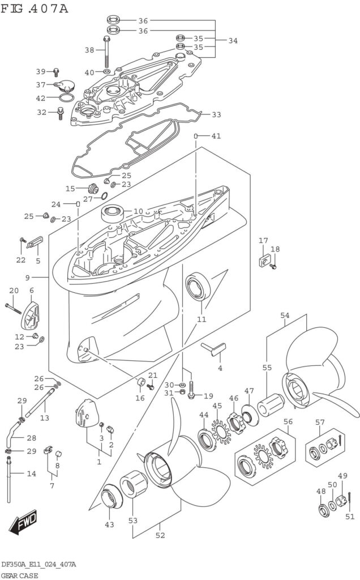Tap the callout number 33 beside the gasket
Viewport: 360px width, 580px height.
216,115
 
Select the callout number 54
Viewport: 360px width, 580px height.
285,315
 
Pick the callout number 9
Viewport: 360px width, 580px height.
28,278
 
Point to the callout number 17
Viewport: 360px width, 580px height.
263,241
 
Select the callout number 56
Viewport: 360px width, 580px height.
288,421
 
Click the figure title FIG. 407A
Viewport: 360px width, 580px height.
35,8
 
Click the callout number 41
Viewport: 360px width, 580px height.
215,136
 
